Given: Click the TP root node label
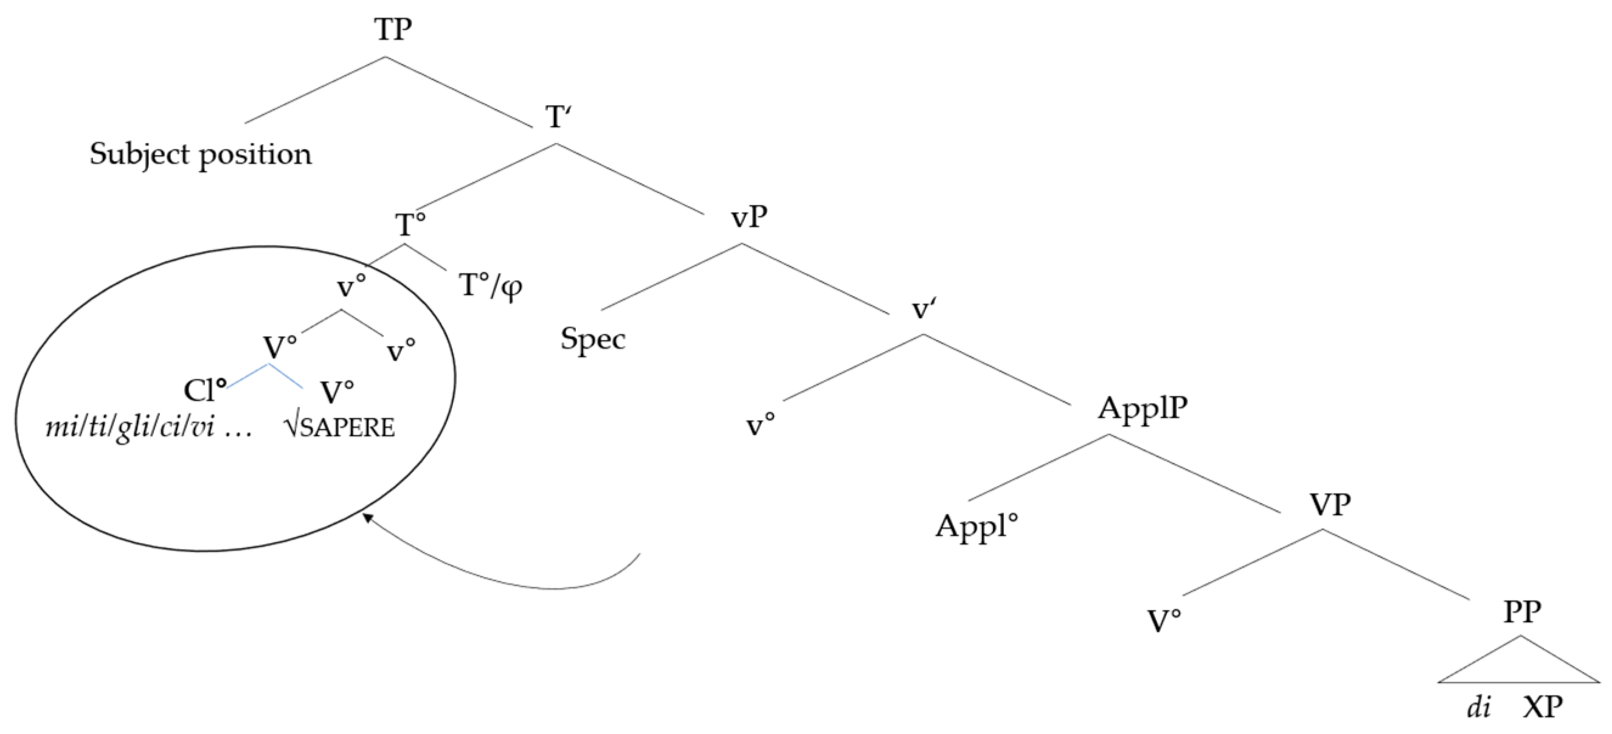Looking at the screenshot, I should point(393,29).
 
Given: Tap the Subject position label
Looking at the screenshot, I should point(200,154).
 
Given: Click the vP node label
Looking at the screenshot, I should point(749,216).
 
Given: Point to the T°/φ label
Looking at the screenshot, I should point(491,286).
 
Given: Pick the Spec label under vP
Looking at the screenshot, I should point(593,339).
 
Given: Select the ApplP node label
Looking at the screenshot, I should point(1143,409).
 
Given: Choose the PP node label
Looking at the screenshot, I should point(1522,611).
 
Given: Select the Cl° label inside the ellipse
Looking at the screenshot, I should point(205,391).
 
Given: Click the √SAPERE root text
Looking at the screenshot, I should point(339,428).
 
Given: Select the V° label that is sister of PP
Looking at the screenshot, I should point(1164,621).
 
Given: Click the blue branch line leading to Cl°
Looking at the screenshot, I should point(248,375).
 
